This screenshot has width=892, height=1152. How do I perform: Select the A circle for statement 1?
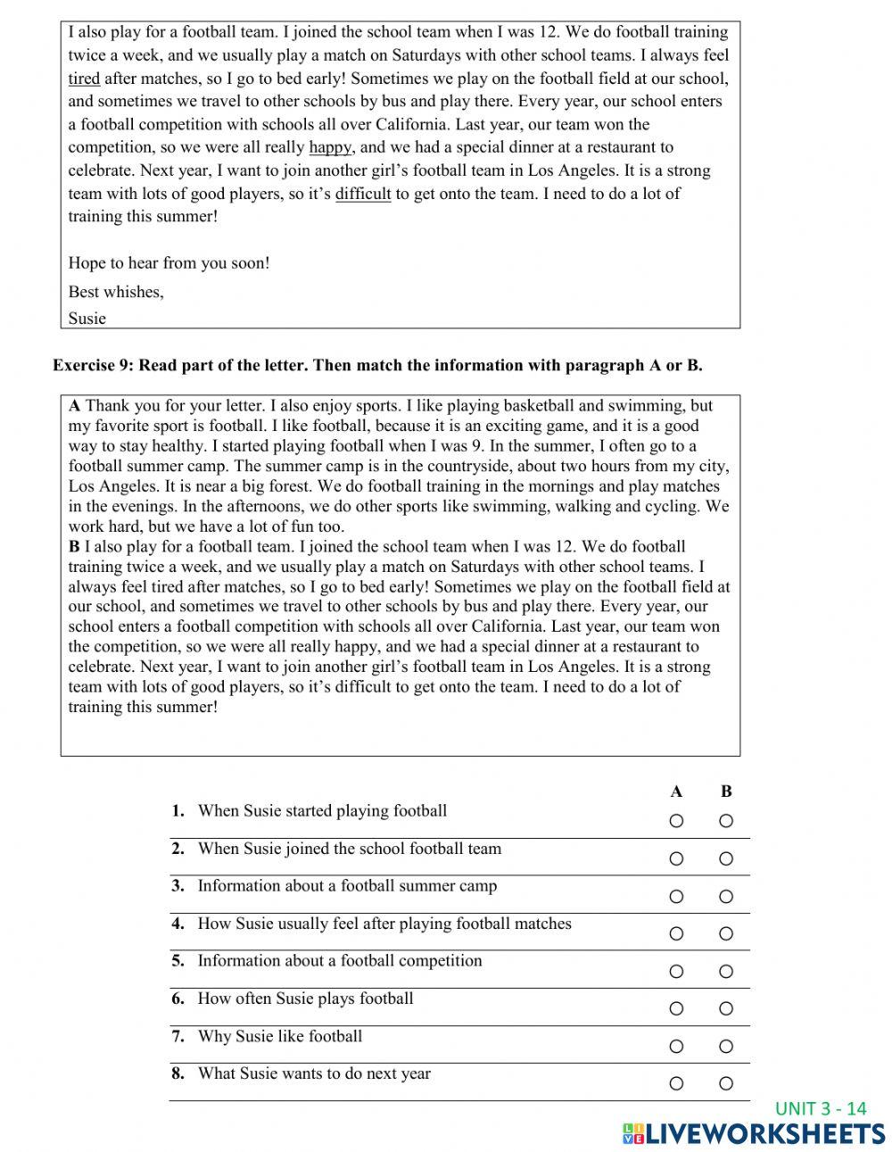coord(676,821)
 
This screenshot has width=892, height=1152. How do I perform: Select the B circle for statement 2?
coord(726,858)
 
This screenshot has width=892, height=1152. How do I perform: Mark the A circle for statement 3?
coord(676,896)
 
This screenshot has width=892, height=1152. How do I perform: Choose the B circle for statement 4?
coord(726,933)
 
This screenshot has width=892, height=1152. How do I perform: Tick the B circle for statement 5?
coord(726,971)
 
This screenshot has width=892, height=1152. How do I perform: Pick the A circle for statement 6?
coord(676,1008)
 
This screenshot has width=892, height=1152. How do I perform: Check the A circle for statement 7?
coord(676,1046)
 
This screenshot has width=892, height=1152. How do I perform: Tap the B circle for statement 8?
coord(726,1083)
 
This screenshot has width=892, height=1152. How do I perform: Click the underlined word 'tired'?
coord(84,79)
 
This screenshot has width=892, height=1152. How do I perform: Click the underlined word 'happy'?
coord(330,147)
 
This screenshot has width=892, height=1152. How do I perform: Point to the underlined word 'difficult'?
coord(363,194)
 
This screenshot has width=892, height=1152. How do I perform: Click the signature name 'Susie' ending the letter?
coord(87,319)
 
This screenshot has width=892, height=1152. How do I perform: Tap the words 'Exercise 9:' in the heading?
coord(94,365)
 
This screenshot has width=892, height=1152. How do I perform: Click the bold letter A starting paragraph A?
coord(74,406)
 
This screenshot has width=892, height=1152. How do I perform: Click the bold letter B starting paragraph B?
coord(74,546)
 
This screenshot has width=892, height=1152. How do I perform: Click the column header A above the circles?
coord(676,791)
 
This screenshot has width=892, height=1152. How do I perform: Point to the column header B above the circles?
coord(726,791)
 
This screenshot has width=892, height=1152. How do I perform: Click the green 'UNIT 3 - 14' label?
coord(821,1108)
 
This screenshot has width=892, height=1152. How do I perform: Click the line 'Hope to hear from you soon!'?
coord(169,263)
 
